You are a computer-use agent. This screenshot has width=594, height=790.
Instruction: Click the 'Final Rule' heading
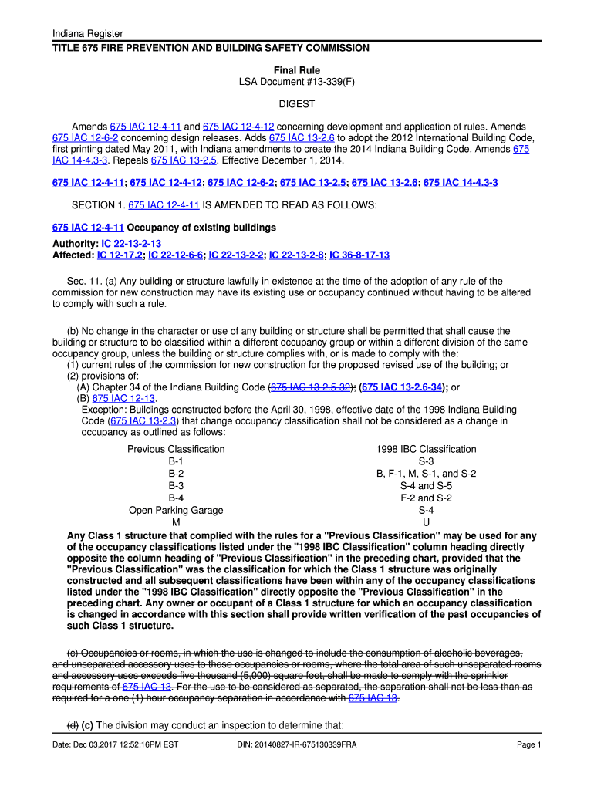297,70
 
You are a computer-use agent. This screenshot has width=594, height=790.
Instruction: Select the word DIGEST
297,103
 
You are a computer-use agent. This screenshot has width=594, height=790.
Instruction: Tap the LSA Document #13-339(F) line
297,82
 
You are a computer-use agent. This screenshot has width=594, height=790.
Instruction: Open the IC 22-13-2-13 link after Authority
130,244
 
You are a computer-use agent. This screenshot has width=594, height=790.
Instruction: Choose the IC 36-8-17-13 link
359,255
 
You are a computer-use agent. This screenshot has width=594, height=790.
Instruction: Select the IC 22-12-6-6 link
176,255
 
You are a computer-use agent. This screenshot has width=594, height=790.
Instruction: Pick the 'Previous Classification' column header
176,449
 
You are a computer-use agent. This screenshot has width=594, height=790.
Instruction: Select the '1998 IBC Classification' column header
426,449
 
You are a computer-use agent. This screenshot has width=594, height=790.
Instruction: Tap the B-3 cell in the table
176,486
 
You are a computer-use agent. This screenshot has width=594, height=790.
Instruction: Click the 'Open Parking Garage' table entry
176,510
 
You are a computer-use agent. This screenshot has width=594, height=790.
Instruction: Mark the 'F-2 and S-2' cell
426,498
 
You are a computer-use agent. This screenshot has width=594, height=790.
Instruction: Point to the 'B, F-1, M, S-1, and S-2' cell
426,474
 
